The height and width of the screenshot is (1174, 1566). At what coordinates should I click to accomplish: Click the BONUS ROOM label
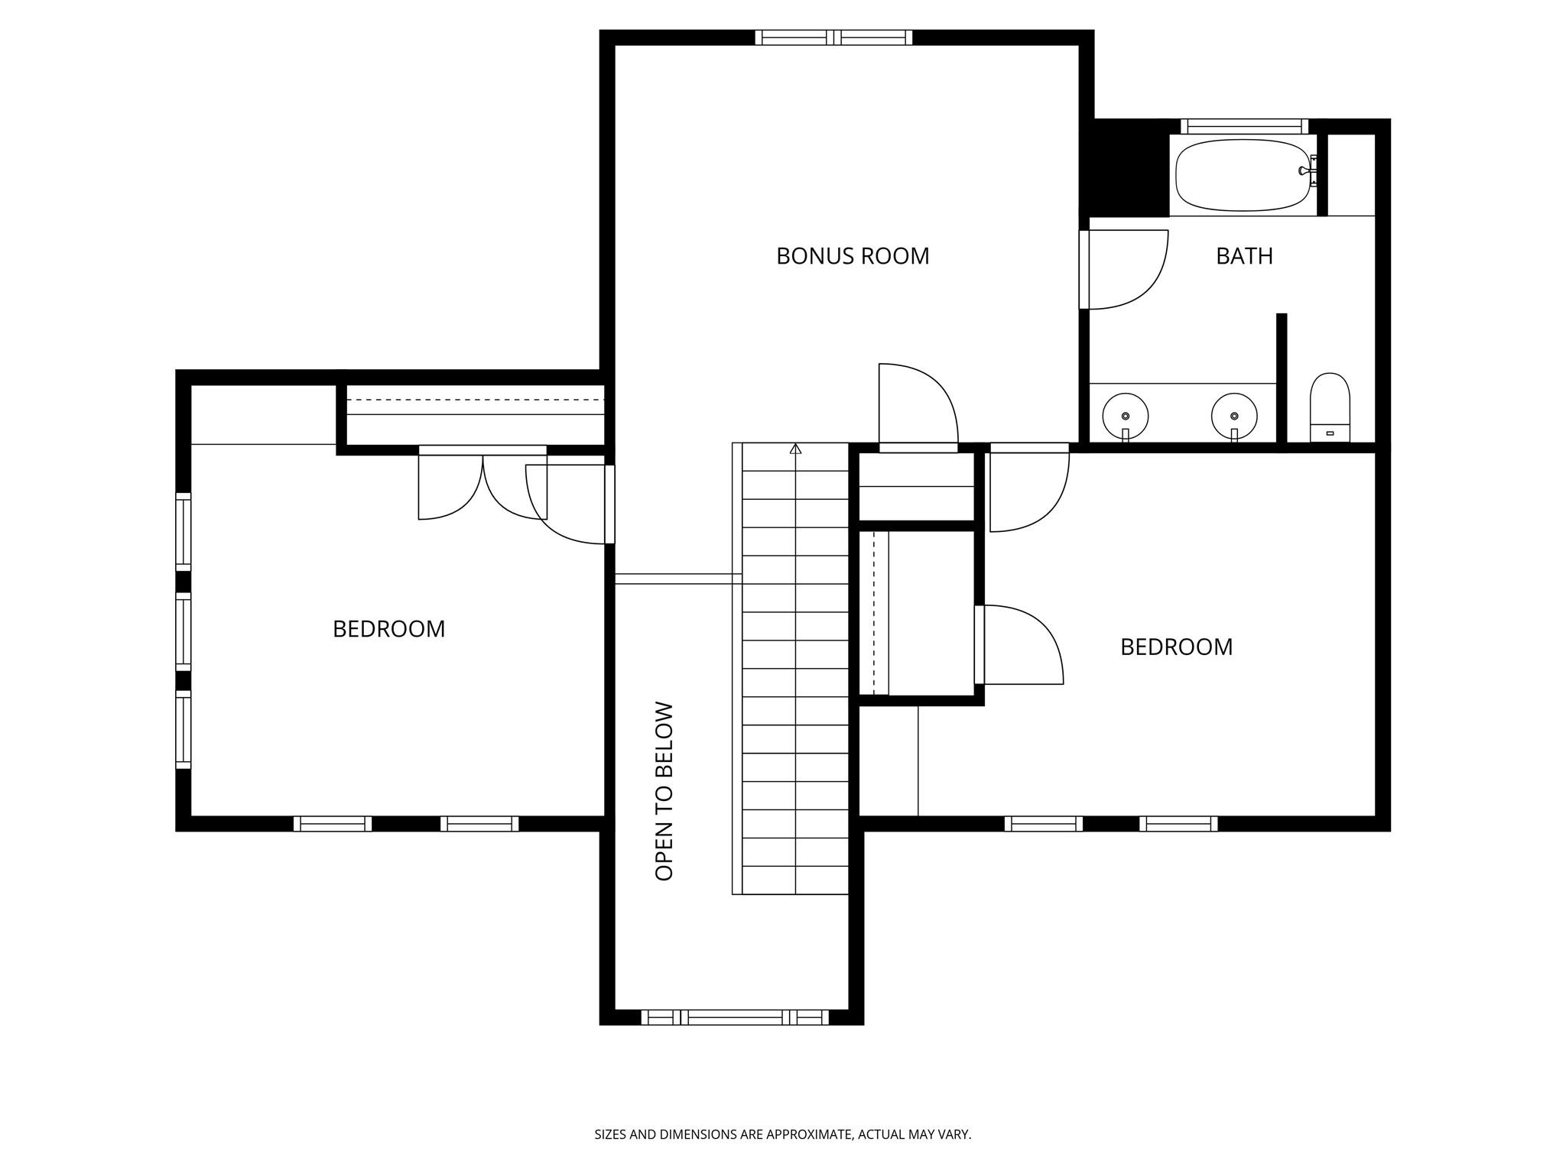click(x=853, y=256)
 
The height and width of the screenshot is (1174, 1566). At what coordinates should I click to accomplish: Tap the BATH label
click(x=1244, y=256)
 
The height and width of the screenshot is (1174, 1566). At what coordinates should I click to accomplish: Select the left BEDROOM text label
click(x=388, y=629)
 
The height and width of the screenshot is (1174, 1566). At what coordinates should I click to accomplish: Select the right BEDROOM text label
click(x=1176, y=647)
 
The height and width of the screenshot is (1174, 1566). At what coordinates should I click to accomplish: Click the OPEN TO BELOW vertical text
click(x=664, y=791)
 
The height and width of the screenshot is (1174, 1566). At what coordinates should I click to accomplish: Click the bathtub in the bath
click(x=1243, y=175)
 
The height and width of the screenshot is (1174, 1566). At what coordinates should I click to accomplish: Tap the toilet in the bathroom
click(x=1330, y=407)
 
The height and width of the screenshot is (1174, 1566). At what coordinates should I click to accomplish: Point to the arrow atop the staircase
click(x=795, y=449)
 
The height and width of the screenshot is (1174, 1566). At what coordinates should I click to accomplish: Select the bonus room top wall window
click(x=833, y=37)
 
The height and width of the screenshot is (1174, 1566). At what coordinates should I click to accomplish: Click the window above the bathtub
click(x=1244, y=126)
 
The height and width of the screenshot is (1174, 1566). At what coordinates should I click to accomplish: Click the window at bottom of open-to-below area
click(x=734, y=1017)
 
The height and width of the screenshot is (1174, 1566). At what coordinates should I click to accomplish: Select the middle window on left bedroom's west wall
click(x=184, y=631)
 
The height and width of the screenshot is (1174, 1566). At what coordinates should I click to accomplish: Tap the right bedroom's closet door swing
click(x=1021, y=644)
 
